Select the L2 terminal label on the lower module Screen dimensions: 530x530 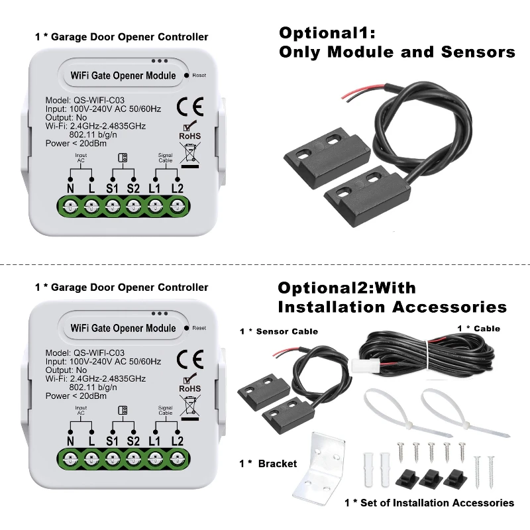[x=177, y=441]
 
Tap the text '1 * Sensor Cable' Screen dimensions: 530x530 [x=278, y=331]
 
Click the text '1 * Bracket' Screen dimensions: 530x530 [x=268, y=463]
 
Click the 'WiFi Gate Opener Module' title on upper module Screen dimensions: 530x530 [x=123, y=76]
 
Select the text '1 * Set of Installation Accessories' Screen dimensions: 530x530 [x=429, y=503]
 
